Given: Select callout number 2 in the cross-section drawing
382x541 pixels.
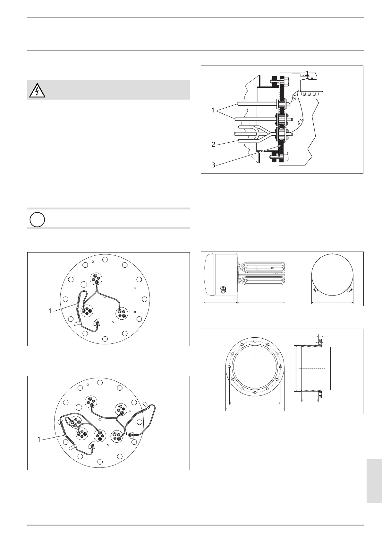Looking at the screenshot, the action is point(213,145).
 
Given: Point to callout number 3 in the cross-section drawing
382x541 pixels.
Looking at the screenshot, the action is point(213,165).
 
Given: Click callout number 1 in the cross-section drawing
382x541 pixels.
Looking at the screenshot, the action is point(213,110).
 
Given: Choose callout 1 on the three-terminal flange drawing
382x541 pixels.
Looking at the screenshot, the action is point(50,311).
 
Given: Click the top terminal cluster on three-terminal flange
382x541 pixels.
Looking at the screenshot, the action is point(96,279).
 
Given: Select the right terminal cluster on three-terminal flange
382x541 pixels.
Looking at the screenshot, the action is point(122,313).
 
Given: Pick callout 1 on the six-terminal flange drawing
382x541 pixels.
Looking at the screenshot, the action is point(39,439).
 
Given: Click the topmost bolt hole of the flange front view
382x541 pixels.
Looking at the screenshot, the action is point(255,341).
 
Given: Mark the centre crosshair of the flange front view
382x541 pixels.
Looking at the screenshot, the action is point(255,367).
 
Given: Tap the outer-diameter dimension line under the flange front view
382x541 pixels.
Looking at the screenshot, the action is point(255,409).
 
